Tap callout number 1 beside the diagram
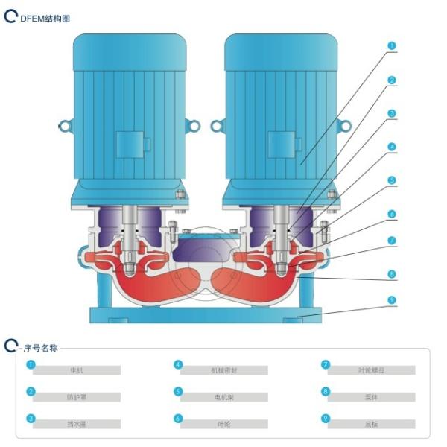point(392,45)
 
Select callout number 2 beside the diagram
point(392,80)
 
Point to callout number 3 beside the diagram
point(392,114)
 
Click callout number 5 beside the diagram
point(392,180)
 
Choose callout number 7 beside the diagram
point(392,241)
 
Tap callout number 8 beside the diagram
point(392,274)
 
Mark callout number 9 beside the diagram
point(392,301)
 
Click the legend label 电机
point(76,370)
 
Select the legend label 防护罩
point(76,397)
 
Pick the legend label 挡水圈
point(76,424)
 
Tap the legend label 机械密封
point(223,370)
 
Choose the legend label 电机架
point(223,397)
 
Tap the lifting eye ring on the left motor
point(65,126)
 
